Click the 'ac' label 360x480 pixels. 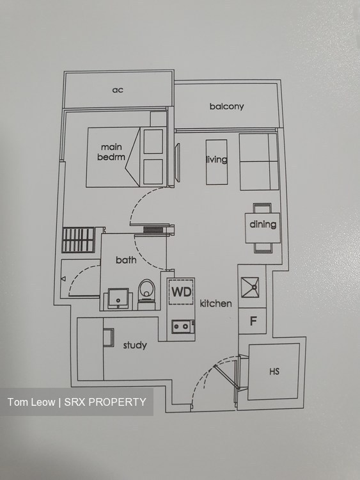tap(118, 90)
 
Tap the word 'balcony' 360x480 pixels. tap(226, 106)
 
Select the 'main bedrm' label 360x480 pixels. tap(111, 152)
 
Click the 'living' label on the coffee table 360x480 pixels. tap(217, 159)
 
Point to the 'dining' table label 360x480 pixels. tap(263, 225)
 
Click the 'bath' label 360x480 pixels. tap(126, 260)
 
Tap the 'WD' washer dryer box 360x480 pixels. tap(182, 292)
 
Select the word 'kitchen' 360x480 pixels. tap(216, 303)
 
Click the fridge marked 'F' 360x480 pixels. tap(253, 321)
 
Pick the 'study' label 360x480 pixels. tap(135, 346)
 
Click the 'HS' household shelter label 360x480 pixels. tap(274, 371)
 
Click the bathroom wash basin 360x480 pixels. tap(118, 298)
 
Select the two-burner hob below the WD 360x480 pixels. tap(183, 326)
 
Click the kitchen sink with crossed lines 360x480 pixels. tap(250, 287)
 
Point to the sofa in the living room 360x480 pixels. tap(259, 162)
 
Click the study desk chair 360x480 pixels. tap(109, 337)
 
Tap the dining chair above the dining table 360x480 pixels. tap(262, 208)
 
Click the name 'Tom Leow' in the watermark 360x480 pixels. tap(31, 402)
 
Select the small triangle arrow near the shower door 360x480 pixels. tap(63, 278)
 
